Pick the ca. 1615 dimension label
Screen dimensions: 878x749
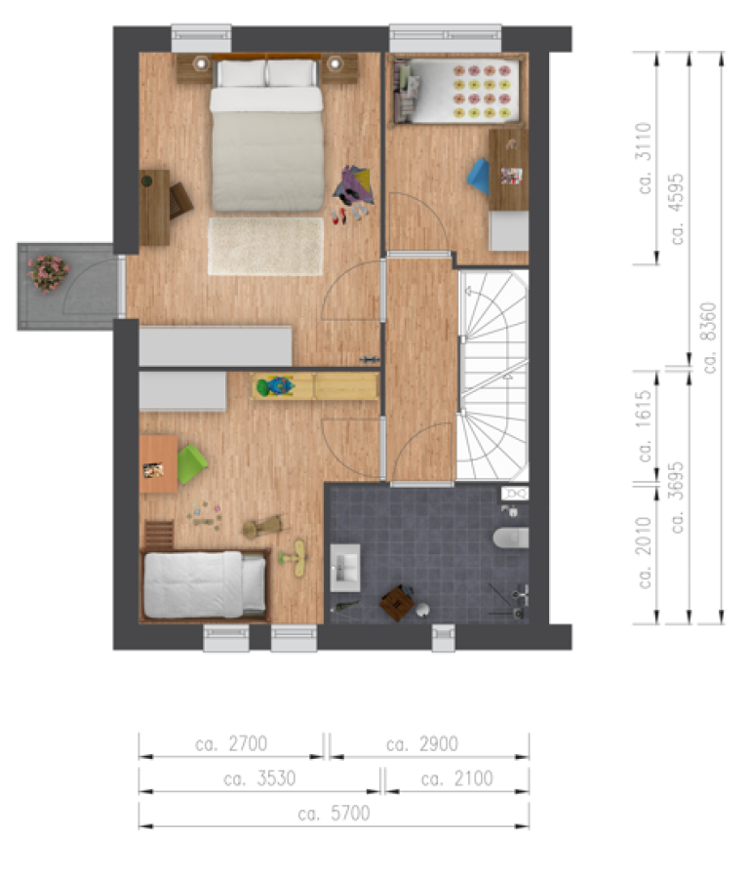pos(644,427)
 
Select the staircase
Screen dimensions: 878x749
pos(493,376)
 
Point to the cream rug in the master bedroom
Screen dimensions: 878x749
pos(265,246)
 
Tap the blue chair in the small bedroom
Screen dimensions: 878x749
pos(479,177)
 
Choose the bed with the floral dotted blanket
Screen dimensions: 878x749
pos(458,91)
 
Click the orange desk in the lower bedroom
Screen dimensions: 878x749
pos(157,461)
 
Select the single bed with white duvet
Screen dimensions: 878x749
pos(205,584)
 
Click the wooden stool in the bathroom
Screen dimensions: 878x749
pos(396,602)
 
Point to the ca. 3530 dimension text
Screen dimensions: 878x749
pos(258,778)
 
